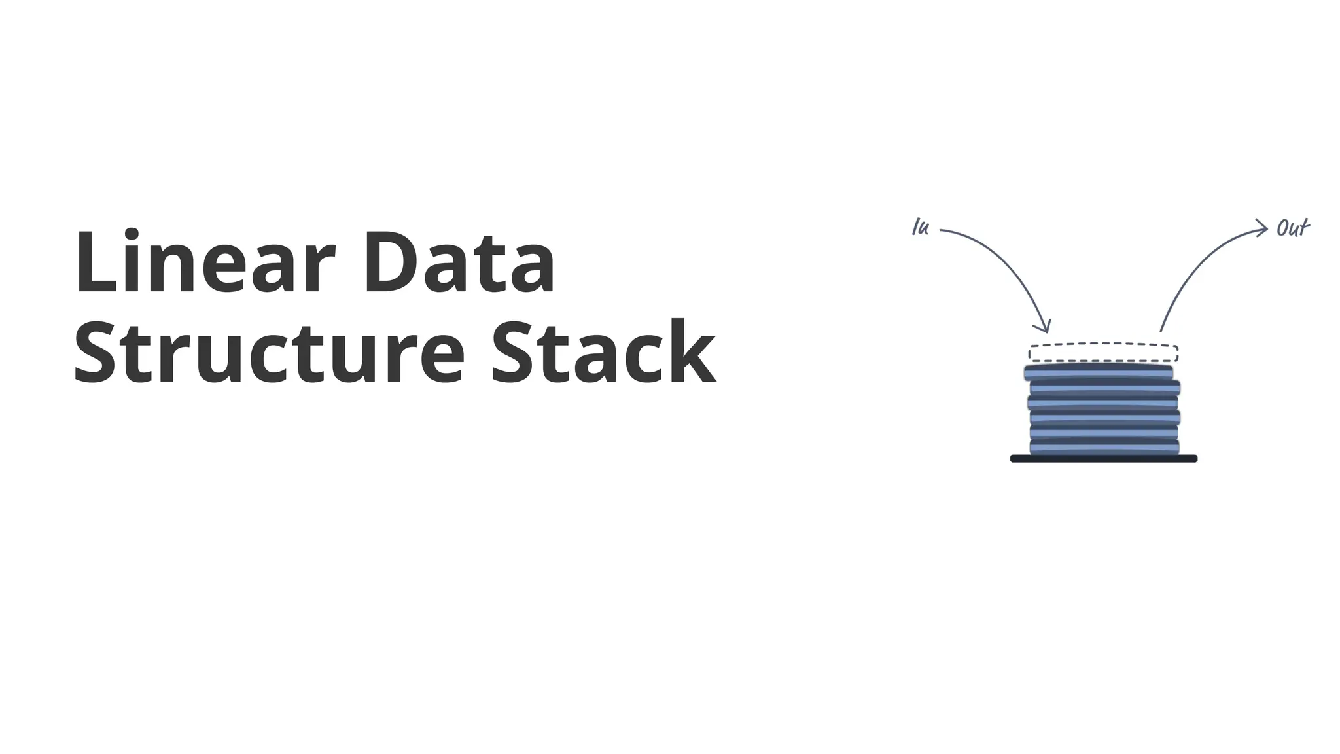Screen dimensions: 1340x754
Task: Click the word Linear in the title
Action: (205, 263)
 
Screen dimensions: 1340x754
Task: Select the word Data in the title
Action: (459, 263)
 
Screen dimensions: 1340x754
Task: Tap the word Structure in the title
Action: (269, 353)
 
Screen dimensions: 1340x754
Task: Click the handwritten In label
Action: (921, 228)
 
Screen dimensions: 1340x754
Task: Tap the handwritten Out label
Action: (1292, 228)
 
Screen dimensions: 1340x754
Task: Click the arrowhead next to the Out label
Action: (1263, 228)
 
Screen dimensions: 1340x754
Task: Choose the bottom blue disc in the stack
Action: (1104, 447)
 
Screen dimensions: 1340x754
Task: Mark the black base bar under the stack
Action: (1104, 459)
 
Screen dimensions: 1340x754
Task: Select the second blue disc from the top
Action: (1104, 387)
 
